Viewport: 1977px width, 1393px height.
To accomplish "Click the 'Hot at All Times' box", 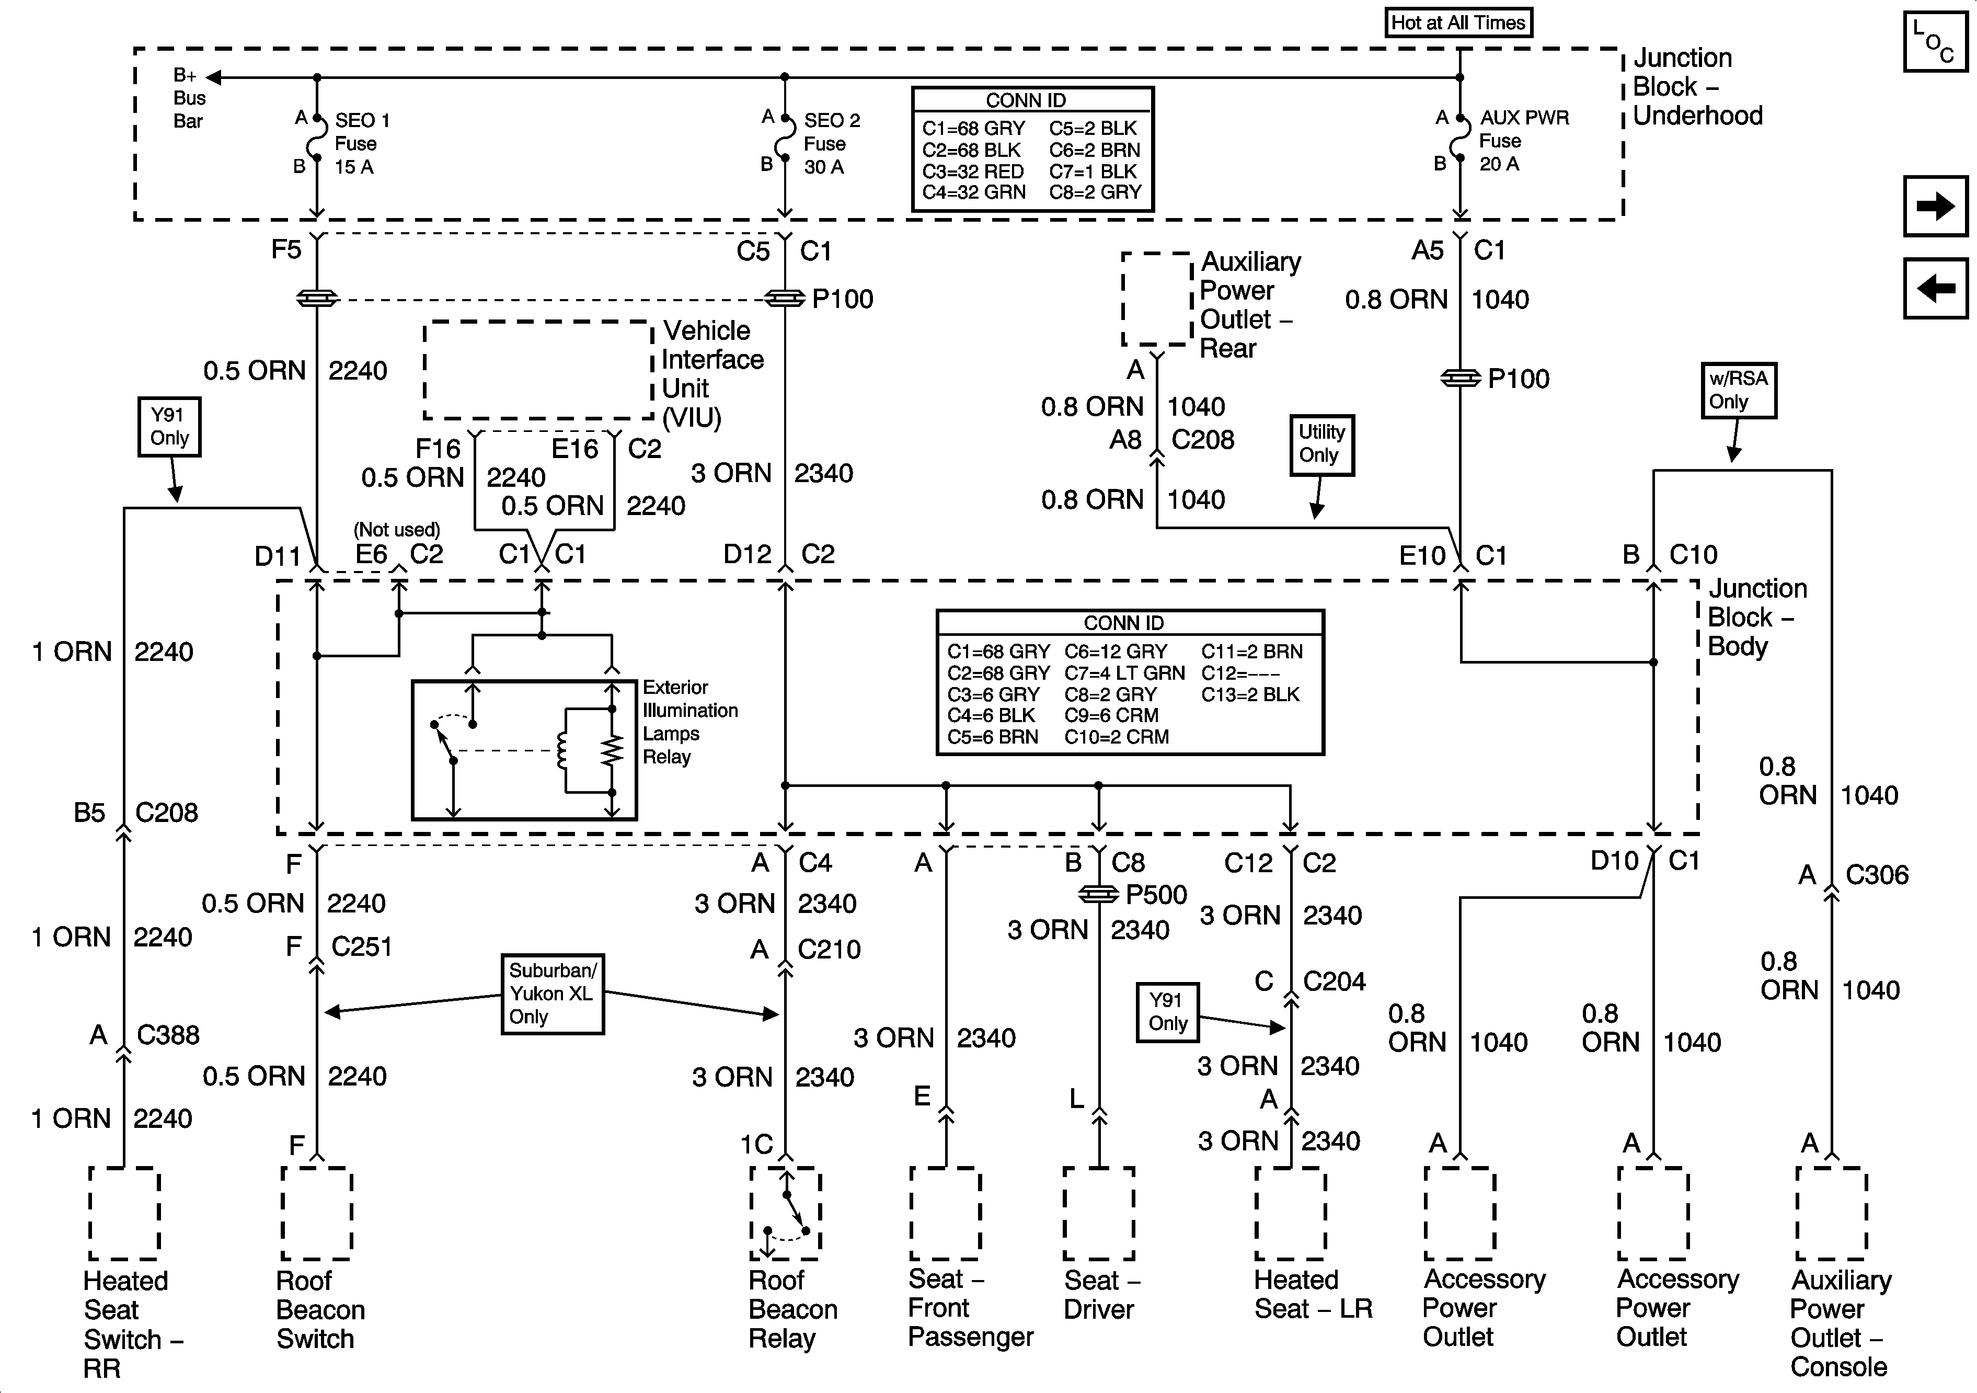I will tap(1458, 22).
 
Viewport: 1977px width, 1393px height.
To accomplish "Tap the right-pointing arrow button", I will tap(1935, 207).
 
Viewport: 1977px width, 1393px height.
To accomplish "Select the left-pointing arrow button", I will tap(1935, 288).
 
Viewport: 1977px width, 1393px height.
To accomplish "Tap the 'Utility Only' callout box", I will tap(1321, 443).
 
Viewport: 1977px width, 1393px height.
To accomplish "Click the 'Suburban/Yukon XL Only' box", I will tap(552, 994).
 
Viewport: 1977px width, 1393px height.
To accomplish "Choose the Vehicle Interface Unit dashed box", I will tap(538, 370).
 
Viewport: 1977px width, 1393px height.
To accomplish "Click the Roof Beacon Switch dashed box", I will tap(317, 1213).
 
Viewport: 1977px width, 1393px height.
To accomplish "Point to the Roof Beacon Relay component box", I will tap(785, 1213).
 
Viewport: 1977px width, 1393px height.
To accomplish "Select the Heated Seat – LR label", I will tap(1312, 1294).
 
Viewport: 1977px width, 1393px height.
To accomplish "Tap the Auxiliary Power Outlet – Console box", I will tap(1831, 1213).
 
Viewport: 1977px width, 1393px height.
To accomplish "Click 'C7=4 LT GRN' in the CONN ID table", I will tap(1124, 673).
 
